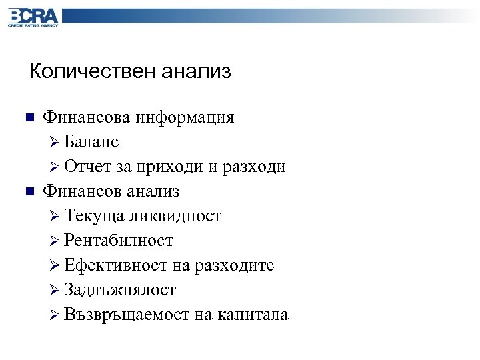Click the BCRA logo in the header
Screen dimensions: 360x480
pos(33,17)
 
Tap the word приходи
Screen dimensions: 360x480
pos(170,167)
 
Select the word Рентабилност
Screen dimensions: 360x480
pos(119,241)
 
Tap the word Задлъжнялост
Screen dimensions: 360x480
pos(121,290)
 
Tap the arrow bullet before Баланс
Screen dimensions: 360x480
pos(55,143)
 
